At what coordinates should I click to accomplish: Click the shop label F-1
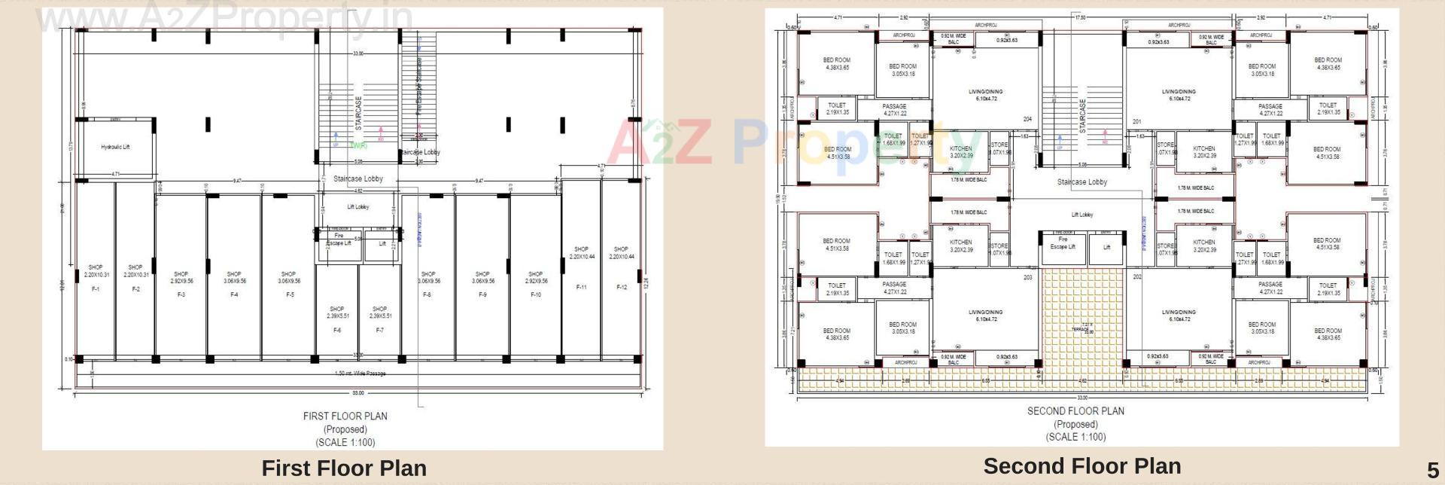[x=96, y=289]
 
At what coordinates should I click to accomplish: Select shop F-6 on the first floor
[x=337, y=330]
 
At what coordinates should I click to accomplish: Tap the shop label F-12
[x=622, y=287]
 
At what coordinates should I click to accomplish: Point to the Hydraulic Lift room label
[x=115, y=147]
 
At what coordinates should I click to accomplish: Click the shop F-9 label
[x=482, y=294]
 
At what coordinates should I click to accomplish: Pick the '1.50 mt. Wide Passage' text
[x=360, y=374]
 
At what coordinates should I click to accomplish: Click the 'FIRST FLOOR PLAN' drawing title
[x=345, y=416]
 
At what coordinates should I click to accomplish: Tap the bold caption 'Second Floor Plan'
[x=1081, y=466]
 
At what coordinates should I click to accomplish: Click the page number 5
[x=1432, y=472]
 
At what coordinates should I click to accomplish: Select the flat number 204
[x=1027, y=120]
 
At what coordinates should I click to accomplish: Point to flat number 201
[x=1136, y=121]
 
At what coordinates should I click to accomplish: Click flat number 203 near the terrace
[x=1028, y=278]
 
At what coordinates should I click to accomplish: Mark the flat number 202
[x=1136, y=277]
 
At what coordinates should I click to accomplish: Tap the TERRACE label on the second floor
[x=1081, y=329]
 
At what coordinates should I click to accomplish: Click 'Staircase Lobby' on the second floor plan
[x=1081, y=182]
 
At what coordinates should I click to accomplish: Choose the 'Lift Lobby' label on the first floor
[x=358, y=207]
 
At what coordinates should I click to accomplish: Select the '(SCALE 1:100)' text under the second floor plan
[x=1075, y=437]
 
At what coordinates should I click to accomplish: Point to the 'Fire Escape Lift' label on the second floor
[x=1063, y=243]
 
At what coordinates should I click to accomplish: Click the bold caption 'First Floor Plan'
[x=344, y=468]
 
